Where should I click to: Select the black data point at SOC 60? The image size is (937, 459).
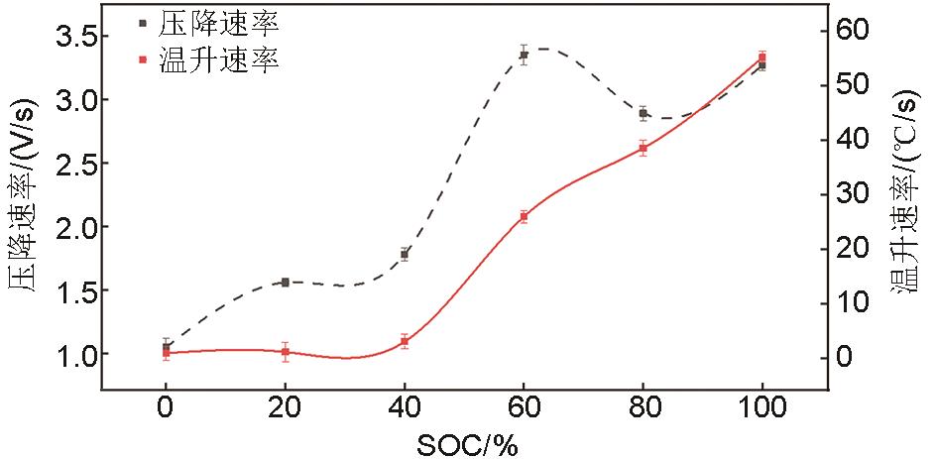[524, 55]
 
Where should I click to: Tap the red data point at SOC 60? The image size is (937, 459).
[524, 216]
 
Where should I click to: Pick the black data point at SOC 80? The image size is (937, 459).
[643, 113]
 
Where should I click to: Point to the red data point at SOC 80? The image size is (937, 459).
[643, 148]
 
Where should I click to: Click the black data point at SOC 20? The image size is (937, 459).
[286, 283]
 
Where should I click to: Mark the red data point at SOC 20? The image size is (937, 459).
[286, 352]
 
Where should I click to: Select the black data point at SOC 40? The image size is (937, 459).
[405, 254]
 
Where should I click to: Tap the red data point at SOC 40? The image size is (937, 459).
[405, 342]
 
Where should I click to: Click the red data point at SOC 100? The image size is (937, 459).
[761, 57]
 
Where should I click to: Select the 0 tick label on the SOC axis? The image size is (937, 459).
[166, 406]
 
